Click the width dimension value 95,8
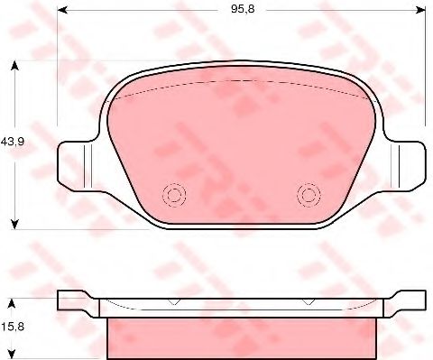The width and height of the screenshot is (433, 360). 243,9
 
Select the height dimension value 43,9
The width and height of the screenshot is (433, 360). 13,141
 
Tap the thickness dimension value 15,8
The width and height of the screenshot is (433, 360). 13,327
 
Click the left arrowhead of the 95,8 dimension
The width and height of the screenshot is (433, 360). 61,10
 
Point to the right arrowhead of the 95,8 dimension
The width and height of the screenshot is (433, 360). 421,10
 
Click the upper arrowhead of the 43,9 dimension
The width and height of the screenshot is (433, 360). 14,66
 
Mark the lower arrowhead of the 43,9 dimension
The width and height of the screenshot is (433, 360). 14,225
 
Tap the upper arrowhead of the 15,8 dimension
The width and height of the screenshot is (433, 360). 11,303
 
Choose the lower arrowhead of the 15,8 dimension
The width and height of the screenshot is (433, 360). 11,355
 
